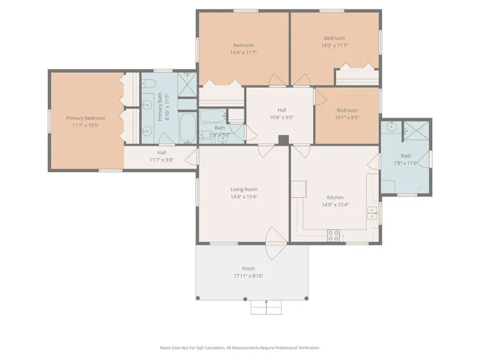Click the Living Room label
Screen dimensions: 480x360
[244, 190]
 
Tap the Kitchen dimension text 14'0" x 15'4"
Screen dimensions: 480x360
[335, 205]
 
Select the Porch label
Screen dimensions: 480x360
[248, 269]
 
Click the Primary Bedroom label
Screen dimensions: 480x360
[86, 118]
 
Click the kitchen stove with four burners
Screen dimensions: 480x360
[333, 236]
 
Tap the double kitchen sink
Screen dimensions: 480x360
[372, 213]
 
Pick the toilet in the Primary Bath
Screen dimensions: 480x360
[149, 83]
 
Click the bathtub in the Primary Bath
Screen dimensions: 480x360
[188, 127]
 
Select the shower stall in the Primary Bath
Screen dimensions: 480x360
[187, 84]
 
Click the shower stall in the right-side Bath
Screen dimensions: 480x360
[416, 131]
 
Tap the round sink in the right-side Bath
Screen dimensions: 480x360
[391, 126]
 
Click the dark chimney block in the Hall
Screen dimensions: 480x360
[283, 140]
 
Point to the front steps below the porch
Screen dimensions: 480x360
[266, 307]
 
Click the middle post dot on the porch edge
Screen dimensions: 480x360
[245, 299]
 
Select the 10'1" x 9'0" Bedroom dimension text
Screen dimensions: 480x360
[347, 117]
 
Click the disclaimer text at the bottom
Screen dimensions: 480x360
[240, 348]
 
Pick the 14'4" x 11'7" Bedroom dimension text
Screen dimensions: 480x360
[243, 53]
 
